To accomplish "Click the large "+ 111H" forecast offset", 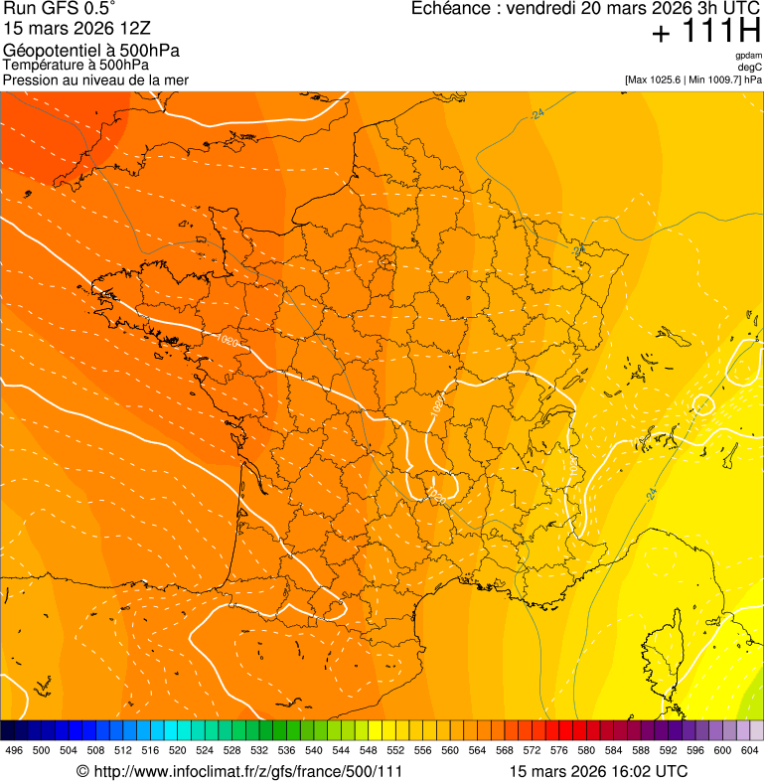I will pos(705,33).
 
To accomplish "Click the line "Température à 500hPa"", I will pos(76,66).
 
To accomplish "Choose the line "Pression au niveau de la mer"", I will pos(95,79).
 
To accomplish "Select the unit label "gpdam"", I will pos(748,56).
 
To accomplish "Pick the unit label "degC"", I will pos(750,67).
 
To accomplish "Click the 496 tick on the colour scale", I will pos(14,751).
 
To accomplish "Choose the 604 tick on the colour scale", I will pos(749,751).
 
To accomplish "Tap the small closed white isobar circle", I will pos(702,404).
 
